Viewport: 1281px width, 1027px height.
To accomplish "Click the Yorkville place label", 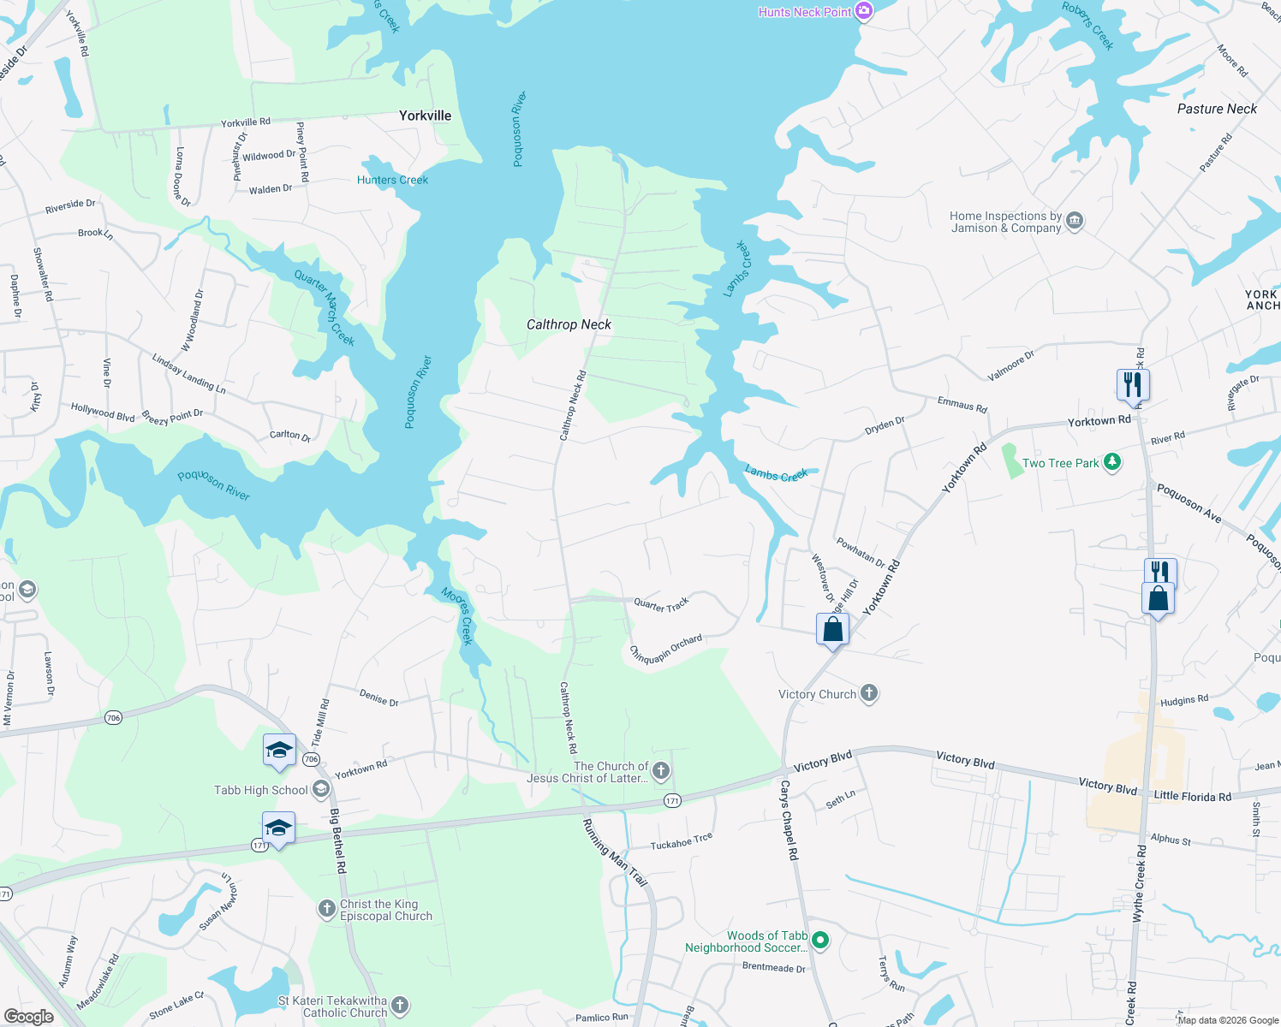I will [425, 116].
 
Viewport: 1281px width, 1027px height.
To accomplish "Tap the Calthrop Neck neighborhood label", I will [569, 324].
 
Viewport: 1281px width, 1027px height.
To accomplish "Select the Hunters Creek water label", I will [392, 180].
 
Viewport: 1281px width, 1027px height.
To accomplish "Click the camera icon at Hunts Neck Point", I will [864, 11].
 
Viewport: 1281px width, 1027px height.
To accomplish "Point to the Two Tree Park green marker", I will [1112, 462].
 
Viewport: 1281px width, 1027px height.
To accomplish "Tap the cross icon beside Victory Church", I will [869, 693].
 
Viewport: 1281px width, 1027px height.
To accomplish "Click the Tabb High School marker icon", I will [321, 789].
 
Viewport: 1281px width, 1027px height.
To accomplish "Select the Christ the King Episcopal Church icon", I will [327, 909].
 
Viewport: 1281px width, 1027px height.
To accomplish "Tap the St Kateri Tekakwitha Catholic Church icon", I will [400, 1006].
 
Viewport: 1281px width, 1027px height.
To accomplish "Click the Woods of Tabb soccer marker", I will [820, 941].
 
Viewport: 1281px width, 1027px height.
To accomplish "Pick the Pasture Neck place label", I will [1217, 109].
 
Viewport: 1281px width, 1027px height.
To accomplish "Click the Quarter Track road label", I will [661, 605].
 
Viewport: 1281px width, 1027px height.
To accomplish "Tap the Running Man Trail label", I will [614, 852].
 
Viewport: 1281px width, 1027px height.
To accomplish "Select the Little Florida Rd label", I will [1192, 796].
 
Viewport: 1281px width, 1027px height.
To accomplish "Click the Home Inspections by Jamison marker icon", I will [1075, 222].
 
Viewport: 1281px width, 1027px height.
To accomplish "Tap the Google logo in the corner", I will [28, 1016].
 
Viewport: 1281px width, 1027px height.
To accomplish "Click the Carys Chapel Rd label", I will [789, 820].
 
